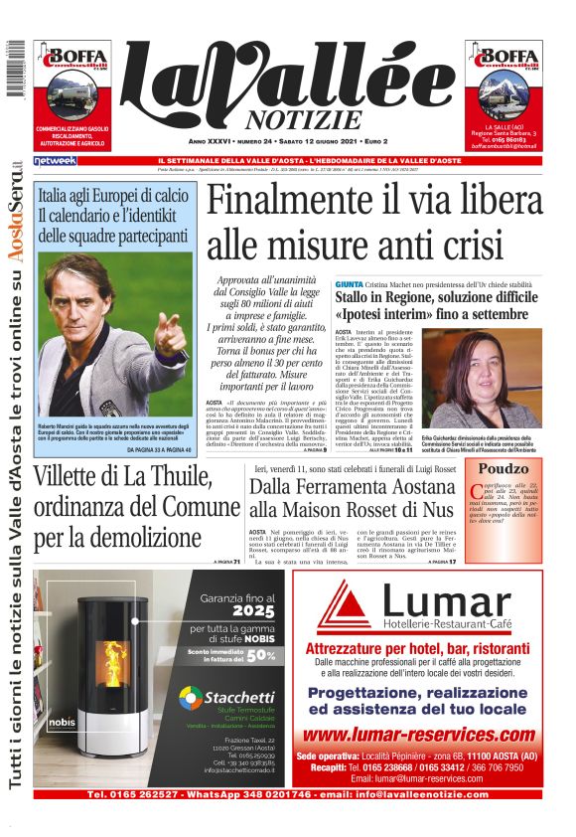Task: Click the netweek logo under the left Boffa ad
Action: pyautogui.click(x=54, y=160)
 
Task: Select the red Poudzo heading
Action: pyautogui.click(x=504, y=468)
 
